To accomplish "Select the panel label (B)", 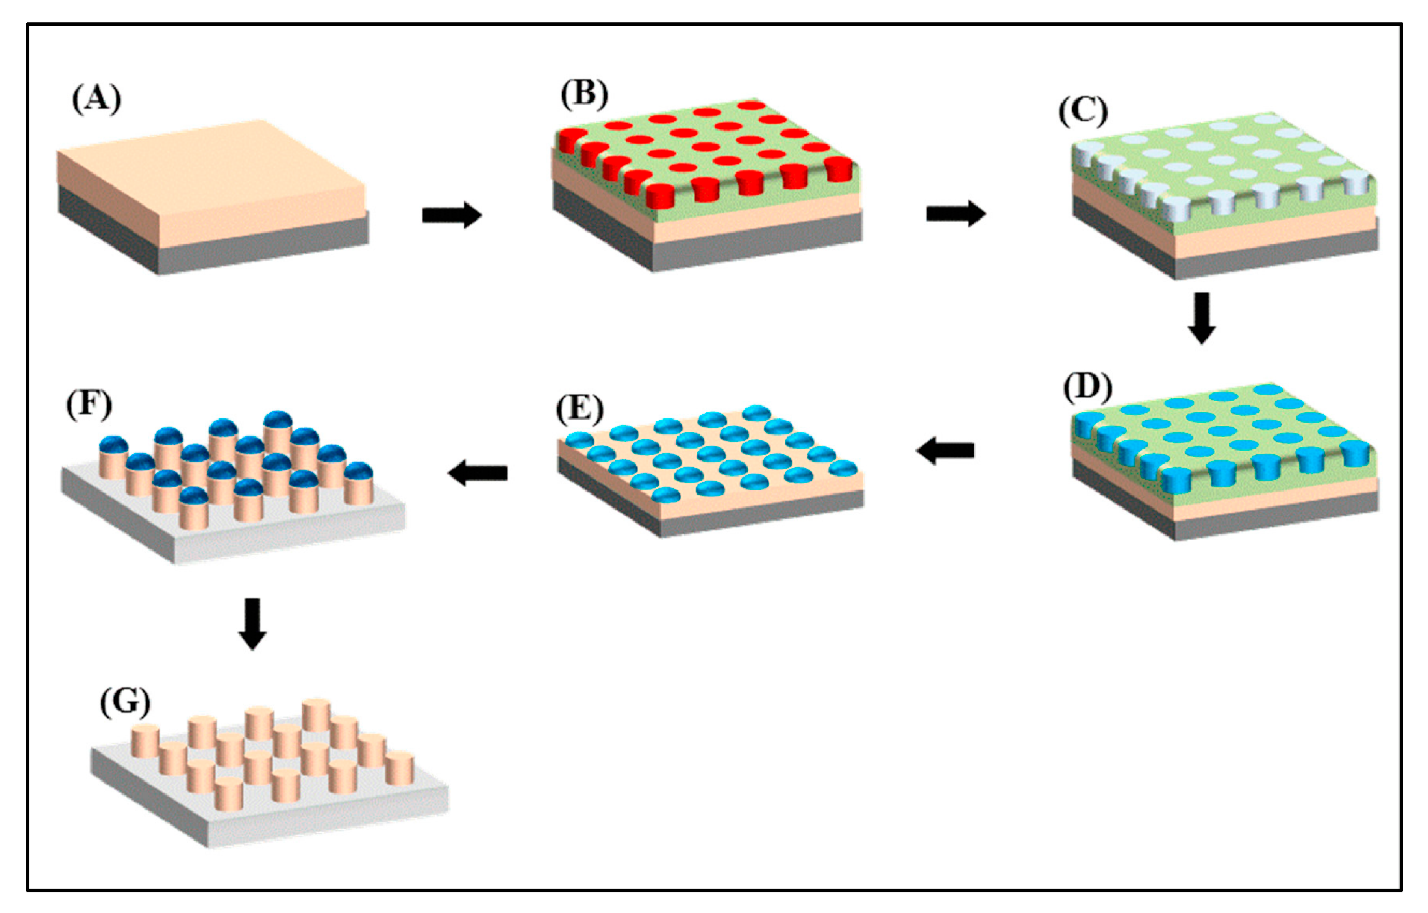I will [584, 94].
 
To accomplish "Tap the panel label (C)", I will [1083, 111].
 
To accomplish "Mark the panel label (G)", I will [124, 702].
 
